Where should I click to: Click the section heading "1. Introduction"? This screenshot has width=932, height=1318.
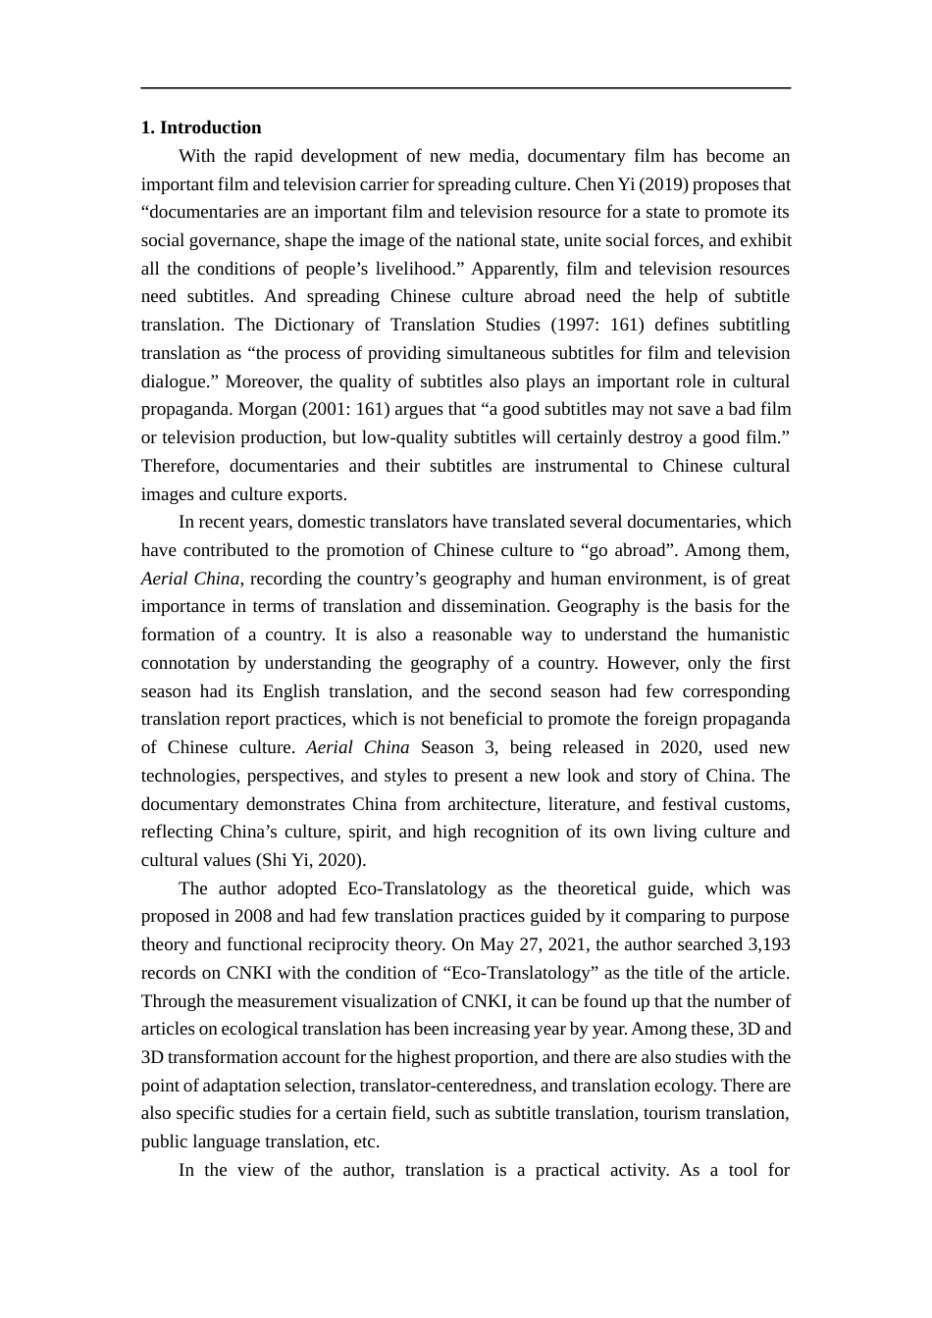pyautogui.click(x=201, y=127)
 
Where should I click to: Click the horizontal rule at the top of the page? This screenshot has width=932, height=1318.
pyautogui.click(x=465, y=88)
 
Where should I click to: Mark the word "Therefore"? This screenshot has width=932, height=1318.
pyautogui.click(x=180, y=466)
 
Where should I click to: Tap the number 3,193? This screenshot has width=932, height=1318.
pyautogui.click(x=768, y=944)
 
